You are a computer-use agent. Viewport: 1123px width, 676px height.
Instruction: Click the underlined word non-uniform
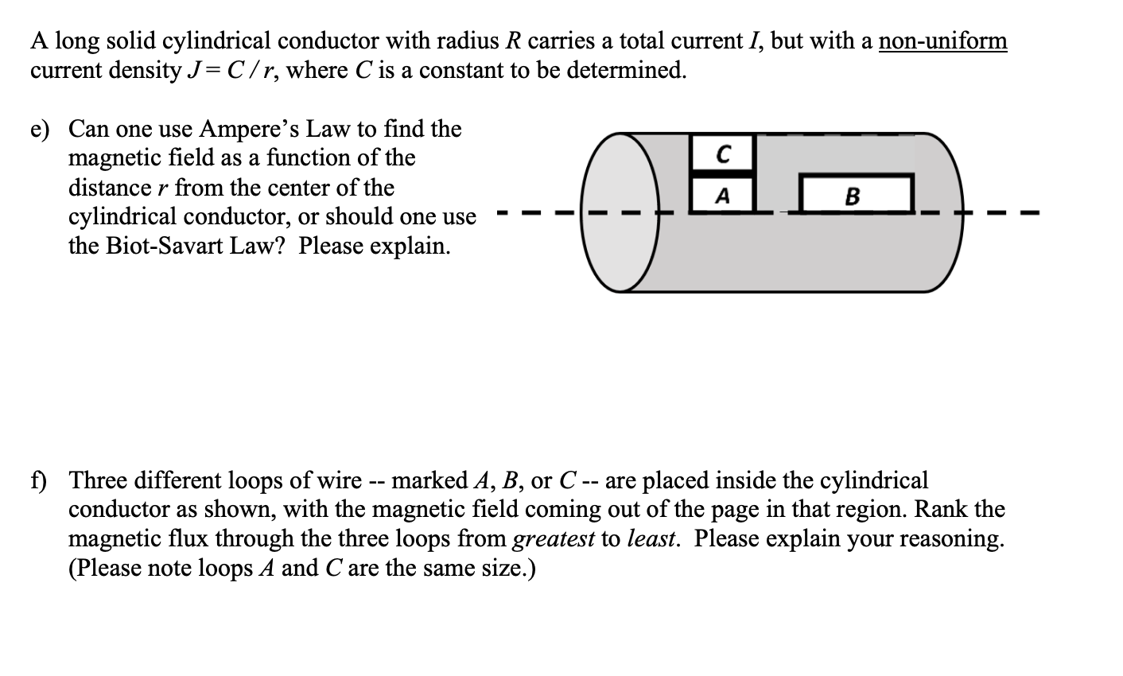click(942, 41)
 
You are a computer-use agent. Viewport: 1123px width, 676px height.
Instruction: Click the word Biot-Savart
click(163, 246)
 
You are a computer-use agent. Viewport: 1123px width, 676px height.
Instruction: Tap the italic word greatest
click(554, 539)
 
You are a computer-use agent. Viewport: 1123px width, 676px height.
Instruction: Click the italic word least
click(651, 539)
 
